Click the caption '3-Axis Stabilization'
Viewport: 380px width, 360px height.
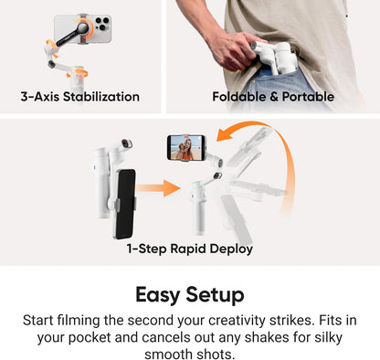tap(80, 97)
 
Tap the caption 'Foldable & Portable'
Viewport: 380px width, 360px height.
tap(273, 97)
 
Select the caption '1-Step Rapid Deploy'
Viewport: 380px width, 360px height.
tap(190, 249)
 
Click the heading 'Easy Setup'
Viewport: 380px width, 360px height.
tap(190, 295)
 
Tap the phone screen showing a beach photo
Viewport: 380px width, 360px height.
tap(186, 147)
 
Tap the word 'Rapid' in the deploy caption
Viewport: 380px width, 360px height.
tap(192, 249)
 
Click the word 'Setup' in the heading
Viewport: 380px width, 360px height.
tap(218, 295)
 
